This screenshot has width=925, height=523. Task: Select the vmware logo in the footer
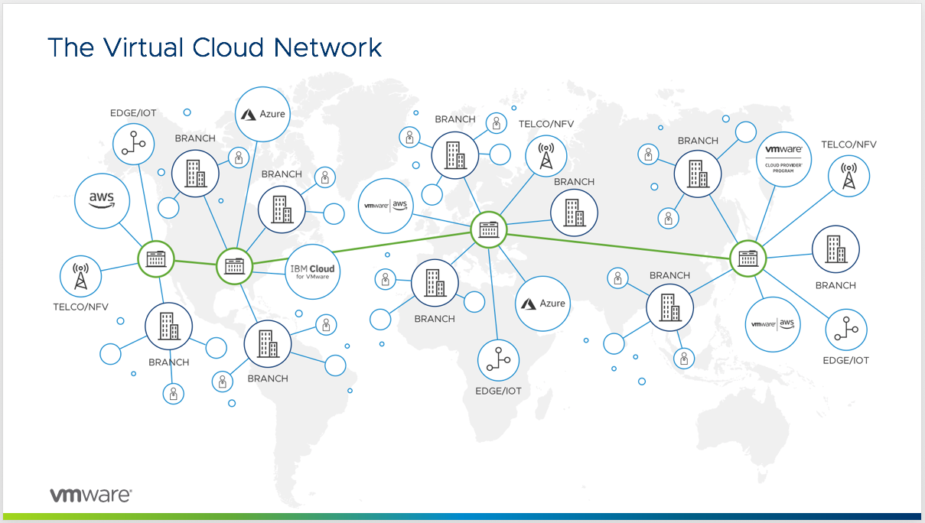tap(90, 495)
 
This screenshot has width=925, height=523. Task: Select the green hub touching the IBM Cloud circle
tap(234, 266)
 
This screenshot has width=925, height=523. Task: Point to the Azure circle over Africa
tap(543, 304)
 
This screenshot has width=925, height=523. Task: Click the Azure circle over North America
tap(262, 115)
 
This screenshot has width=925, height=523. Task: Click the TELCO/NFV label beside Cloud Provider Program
tap(848, 145)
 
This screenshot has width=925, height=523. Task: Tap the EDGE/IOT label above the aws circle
tap(133, 113)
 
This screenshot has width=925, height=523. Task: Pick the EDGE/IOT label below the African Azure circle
tap(498, 391)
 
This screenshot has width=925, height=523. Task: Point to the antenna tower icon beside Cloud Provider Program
tap(848, 175)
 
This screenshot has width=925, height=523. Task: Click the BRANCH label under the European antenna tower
tap(574, 182)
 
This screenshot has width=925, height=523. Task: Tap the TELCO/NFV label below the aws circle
tap(80, 307)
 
